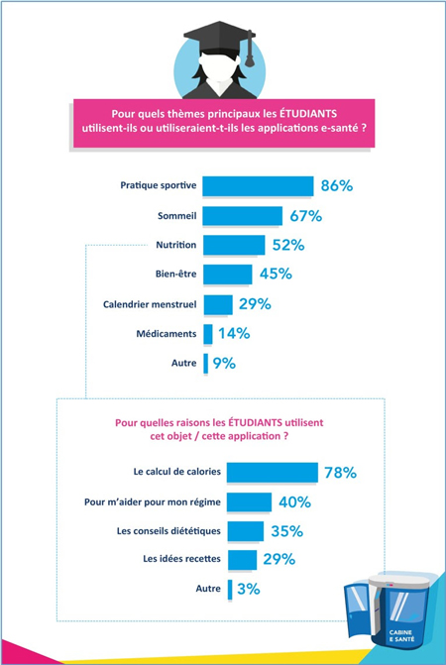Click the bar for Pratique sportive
tap(258, 186)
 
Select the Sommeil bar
tap(242, 216)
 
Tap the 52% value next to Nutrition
tap(288, 245)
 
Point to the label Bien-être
tap(176, 274)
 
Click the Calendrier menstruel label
tap(150, 304)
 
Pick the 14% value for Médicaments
tap(234, 334)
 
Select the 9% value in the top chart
tap(224, 364)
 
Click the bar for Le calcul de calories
tap(273, 473)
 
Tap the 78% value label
tap(340, 473)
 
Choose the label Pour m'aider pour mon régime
tap(153, 502)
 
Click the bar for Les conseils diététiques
tap(246, 531)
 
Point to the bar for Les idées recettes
tap(242, 560)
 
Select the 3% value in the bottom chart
tap(249, 590)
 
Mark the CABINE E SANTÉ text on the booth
tap(401, 635)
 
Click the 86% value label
tap(337, 186)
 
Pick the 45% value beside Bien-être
tap(276, 274)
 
